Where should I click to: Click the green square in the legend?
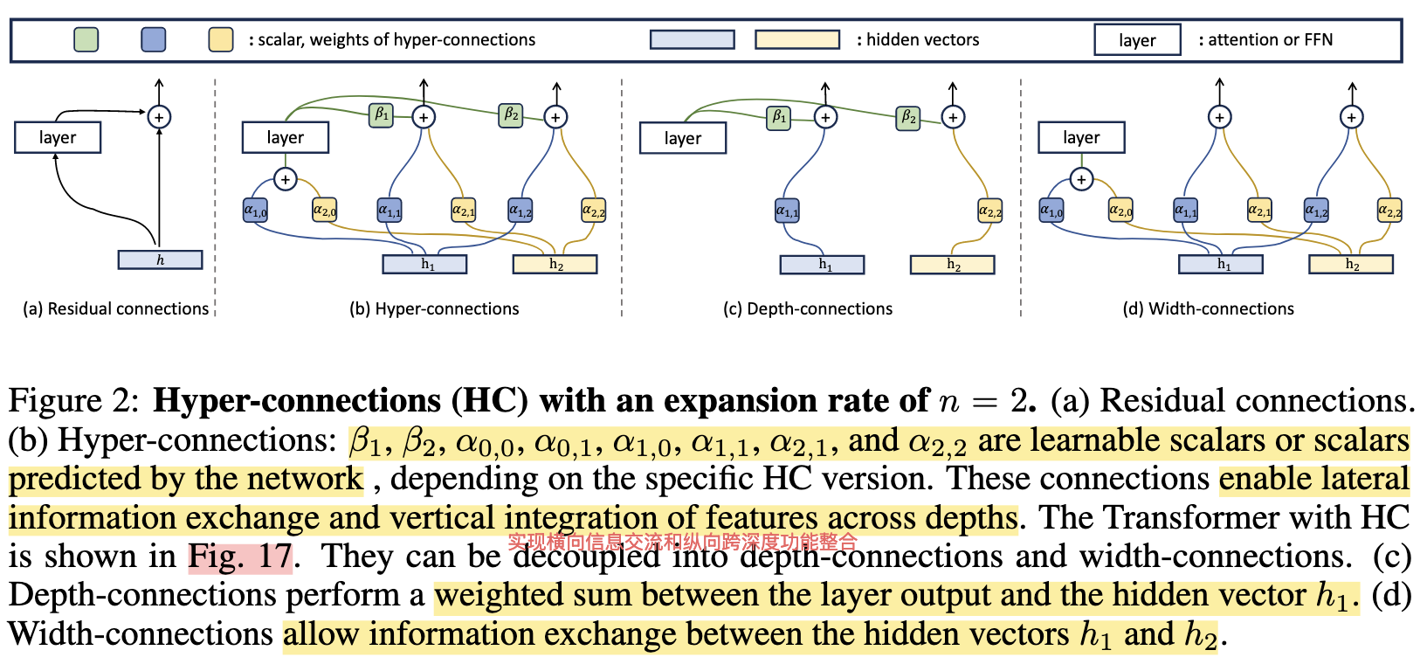point(86,39)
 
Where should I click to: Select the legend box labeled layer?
point(1136,40)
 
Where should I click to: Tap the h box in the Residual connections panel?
point(160,259)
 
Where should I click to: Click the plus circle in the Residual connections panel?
point(159,116)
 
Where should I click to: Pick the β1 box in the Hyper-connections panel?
point(381,114)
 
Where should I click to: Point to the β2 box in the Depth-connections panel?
point(908,117)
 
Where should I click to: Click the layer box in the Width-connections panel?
point(1080,137)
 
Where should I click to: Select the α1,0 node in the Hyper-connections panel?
point(255,210)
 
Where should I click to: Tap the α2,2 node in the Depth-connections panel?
point(989,211)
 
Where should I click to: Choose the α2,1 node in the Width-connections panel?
point(1259,210)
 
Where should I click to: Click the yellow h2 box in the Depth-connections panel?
point(952,265)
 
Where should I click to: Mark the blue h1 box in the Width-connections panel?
point(1220,264)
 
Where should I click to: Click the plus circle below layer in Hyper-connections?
point(285,179)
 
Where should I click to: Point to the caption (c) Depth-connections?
point(808,308)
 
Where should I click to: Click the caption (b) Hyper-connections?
point(434,308)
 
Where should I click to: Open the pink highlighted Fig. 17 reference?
point(240,557)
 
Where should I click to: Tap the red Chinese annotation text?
point(682,543)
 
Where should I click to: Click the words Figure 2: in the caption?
point(73,401)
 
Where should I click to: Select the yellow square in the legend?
point(220,39)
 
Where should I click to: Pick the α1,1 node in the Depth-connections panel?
point(787,211)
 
